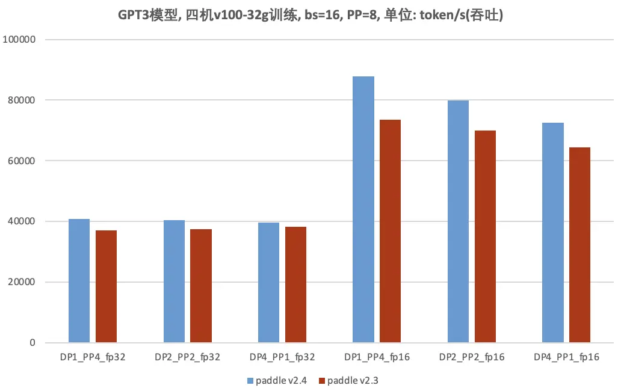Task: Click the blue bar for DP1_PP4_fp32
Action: tap(79, 281)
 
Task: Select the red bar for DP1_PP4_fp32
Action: tap(106, 286)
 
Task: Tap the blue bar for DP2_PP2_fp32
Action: tap(174, 282)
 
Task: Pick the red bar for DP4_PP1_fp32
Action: tap(295, 285)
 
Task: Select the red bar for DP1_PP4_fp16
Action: tap(390, 231)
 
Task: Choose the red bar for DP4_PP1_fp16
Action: tap(579, 245)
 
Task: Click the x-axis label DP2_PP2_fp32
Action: tap(187, 357)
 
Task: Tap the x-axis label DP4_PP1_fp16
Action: tap(566, 357)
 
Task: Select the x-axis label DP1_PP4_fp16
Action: tap(377, 357)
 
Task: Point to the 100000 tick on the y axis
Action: tap(20, 40)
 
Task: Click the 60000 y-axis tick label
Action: tap(22, 161)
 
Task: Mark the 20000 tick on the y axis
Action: tap(22, 282)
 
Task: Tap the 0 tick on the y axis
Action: tap(33, 343)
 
